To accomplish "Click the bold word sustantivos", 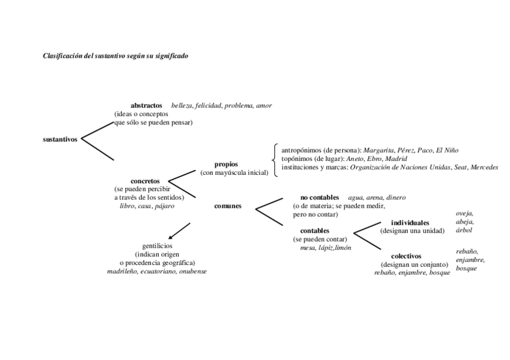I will pos(60,139).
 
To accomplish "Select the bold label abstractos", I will pos(147,106).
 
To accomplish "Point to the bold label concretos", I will pos(145,181).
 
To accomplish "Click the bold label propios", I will pos(226,164).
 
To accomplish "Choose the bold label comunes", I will pos(228,206).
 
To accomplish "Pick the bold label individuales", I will pos(410,223).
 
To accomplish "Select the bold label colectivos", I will pos(406,256).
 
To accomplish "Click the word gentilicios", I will pos(158,246).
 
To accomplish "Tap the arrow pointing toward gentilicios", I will pos(179,231).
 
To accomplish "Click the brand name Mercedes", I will pos(485,167).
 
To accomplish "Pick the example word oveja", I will pos(465,213).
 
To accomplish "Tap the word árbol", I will pos(464,230).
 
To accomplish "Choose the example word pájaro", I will pos(164,206).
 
